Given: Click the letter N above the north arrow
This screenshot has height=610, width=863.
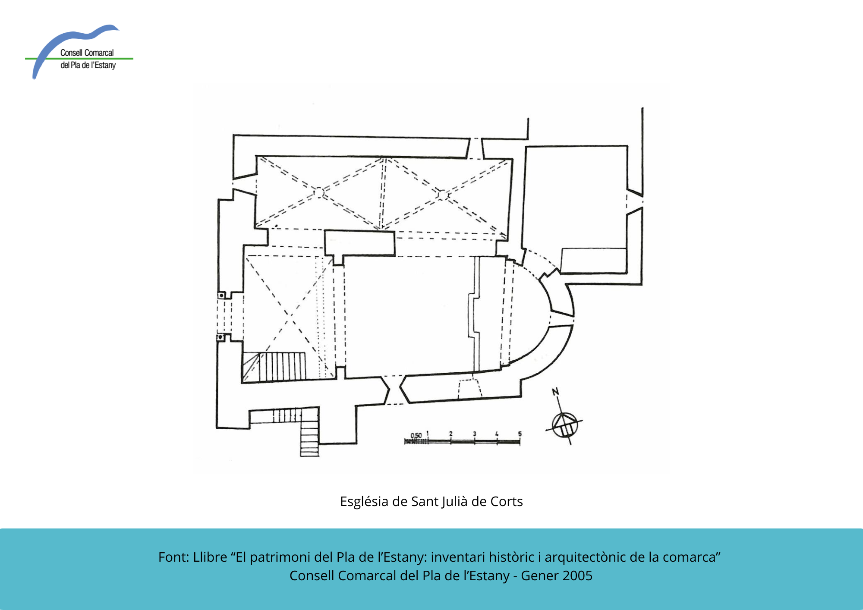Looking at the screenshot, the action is pos(555,392).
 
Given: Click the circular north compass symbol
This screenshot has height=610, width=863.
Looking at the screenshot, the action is pos(564,425).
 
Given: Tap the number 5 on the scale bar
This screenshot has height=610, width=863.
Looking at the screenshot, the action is pos(520,434).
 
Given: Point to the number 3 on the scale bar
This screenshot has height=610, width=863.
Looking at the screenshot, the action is pos(475,434).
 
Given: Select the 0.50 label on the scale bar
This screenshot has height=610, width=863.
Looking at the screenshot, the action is pos(416,436).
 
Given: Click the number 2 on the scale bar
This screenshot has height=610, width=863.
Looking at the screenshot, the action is pos(451,434).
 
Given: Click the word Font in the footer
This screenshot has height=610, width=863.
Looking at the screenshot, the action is pos(172,557).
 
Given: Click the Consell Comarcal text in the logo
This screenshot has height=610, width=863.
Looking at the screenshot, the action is pos(87,53).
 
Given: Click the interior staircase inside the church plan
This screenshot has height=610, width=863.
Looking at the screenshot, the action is pos(274,367).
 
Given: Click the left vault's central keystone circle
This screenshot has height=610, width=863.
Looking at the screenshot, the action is pos(318,192).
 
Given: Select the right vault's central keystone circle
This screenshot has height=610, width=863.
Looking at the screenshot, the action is pos(442,195).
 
